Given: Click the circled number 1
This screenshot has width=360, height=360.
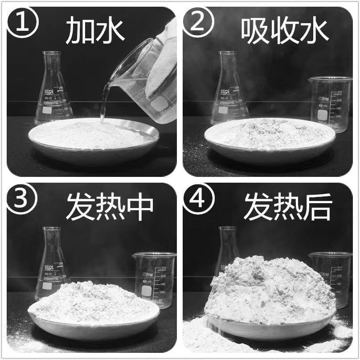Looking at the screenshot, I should click(x=23, y=24).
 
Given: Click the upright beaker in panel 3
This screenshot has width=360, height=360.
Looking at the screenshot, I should click(x=154, y=278).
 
